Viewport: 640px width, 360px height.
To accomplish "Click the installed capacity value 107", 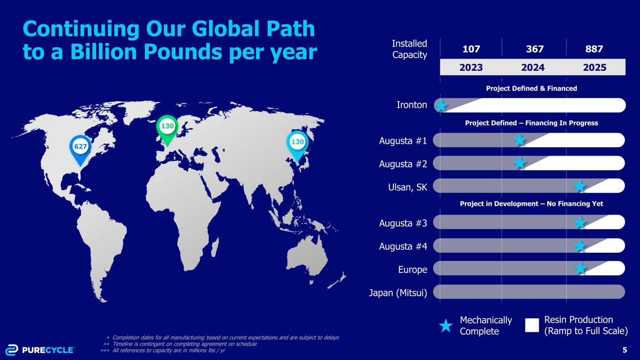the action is tap(471, 49).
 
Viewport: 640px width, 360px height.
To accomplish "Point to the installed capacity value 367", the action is tap(535, 49).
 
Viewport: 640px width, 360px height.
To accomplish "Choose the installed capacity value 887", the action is tap(594, 49).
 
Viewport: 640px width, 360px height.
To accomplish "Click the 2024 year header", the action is tap(533, 67).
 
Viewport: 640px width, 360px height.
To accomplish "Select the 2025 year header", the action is tap(595, 67).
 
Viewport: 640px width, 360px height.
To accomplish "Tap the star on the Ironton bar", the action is tap(441, 105).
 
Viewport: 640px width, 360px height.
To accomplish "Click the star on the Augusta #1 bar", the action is tap(520, 140).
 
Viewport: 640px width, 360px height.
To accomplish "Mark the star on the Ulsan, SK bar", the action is tap(580, 186).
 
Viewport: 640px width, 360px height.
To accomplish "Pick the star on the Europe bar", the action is tap(580, 269).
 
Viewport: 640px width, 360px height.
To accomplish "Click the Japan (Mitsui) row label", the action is tap(398, 293).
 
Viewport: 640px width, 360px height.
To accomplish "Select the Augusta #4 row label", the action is tap(403, 246).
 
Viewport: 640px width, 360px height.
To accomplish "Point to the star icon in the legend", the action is tap(446, 326).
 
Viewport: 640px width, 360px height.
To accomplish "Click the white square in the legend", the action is tap(532, 325).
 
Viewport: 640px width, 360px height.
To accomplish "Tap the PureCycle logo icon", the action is tap(12, 350).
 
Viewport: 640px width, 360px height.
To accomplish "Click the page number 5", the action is tap(625, 350).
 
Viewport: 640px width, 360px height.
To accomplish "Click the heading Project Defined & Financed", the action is tap(531, 88).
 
